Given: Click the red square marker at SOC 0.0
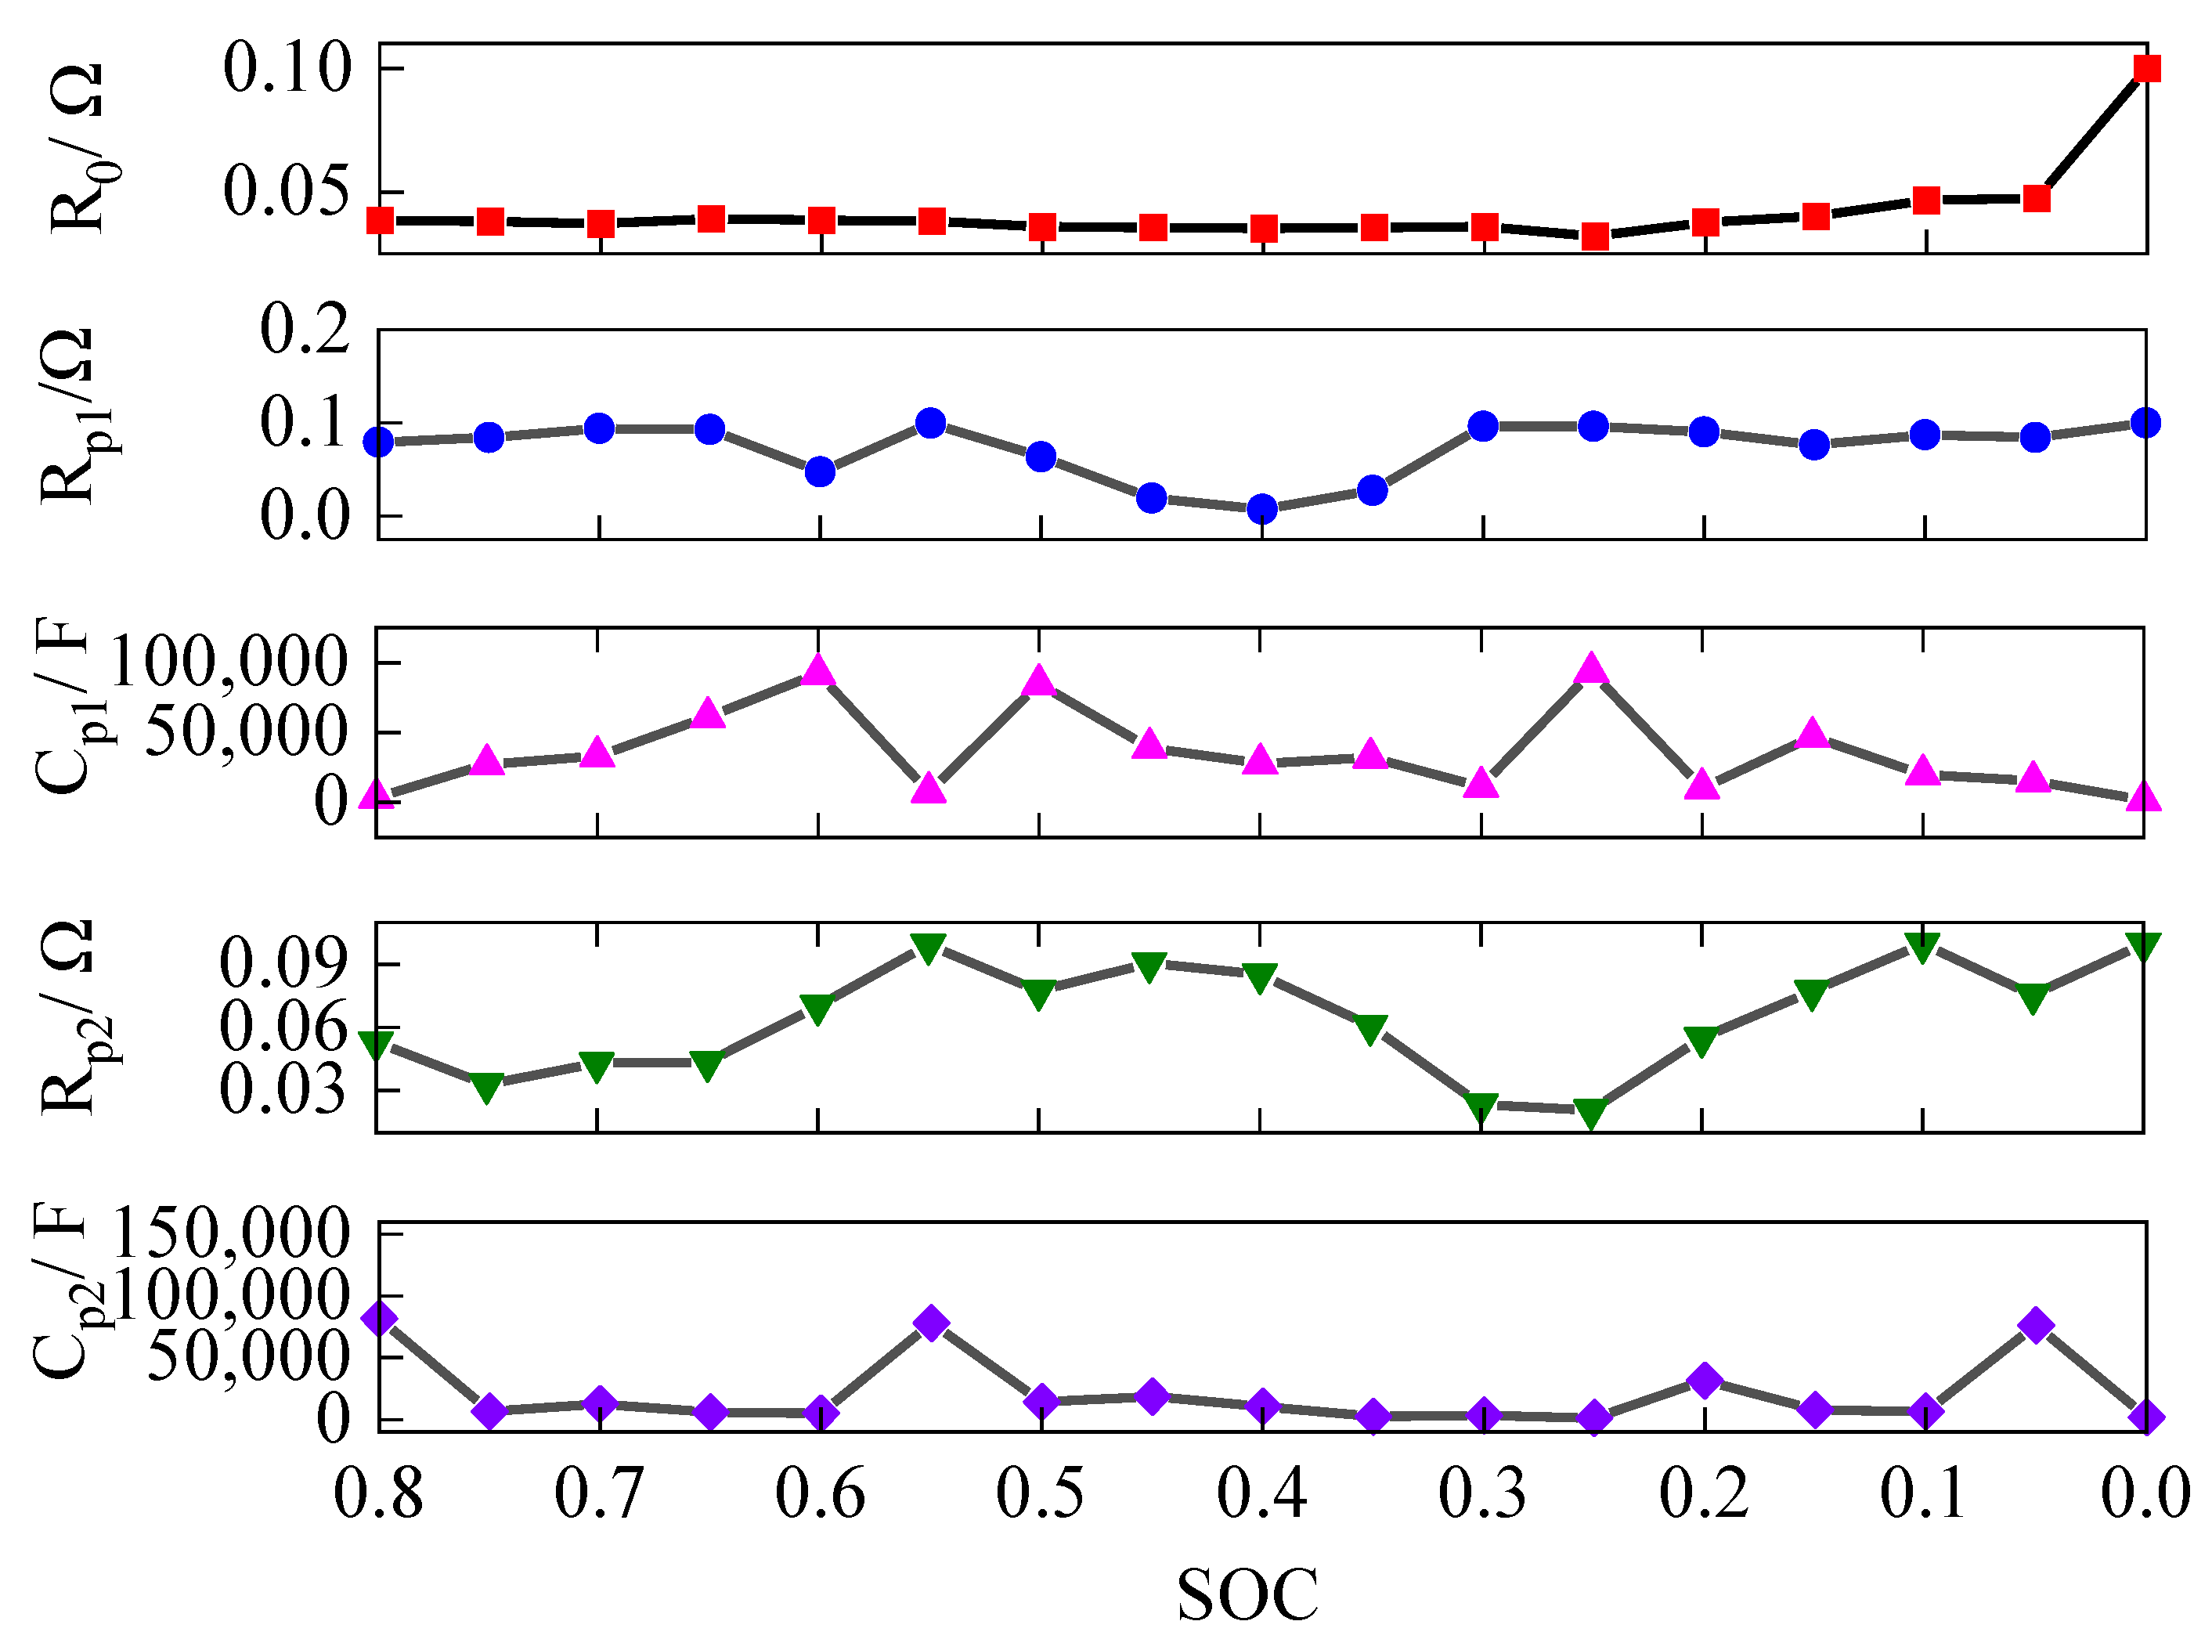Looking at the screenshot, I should coord(2146,68).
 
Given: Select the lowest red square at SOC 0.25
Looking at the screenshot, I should coord(1595,236).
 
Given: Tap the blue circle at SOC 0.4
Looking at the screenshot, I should coord(1262,508).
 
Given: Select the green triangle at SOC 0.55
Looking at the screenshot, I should coord(929,947).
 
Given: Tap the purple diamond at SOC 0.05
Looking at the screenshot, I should coord(2035,1325).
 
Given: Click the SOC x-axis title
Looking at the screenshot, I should coord(1247,1595).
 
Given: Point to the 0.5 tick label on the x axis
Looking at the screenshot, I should coord(1040,1495).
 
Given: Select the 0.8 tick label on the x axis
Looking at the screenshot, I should coord(377,1495).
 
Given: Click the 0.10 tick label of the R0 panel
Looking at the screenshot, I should coord(287,69).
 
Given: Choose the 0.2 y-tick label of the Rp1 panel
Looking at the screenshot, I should coord(305,330).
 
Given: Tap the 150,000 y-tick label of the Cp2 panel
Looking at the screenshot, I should coord(232,1233).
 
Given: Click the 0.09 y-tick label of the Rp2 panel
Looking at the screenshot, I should coord(283,964).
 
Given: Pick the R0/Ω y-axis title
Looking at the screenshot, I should coord(78,148).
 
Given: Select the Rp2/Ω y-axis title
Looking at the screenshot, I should coord(72,1016).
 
